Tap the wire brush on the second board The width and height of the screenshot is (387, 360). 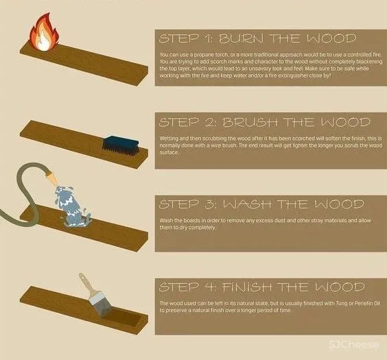(121, 146)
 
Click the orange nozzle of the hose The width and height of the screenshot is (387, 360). (51, 177)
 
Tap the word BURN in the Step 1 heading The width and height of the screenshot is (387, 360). (242, 38)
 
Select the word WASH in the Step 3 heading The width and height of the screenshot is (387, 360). (248, 204)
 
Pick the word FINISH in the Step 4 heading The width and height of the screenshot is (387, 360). (248, 287)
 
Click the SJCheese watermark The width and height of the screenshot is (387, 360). (353, 344)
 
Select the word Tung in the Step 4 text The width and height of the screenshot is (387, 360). (341, 303)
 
